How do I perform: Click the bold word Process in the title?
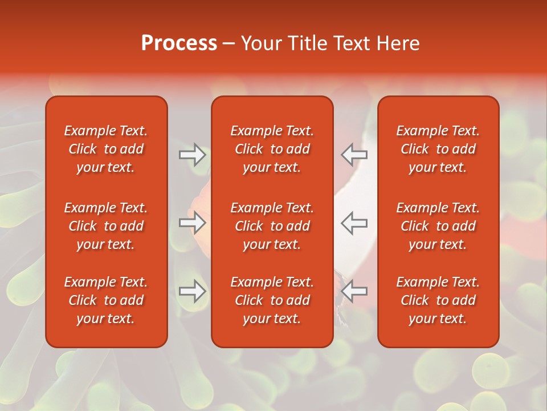[179, 43]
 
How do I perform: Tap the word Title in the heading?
[308, 43]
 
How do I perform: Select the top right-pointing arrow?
[192, 155]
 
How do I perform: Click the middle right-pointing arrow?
[192, 223]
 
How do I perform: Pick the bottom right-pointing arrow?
[192, 292]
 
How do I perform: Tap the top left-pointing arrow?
[354, 155]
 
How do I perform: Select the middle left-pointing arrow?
[354, 223]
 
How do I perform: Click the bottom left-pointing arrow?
[354, 292]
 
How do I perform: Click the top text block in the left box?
[106, 149]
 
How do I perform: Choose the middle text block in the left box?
[106, 226]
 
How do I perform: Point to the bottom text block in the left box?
[106, 300]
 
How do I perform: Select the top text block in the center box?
[272, 149]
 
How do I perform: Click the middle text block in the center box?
[272, 226]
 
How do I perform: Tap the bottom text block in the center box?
[272, 300]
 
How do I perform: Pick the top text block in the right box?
[438, 149]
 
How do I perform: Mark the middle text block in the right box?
[438, 226]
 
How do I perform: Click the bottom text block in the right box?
[438, 300]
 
